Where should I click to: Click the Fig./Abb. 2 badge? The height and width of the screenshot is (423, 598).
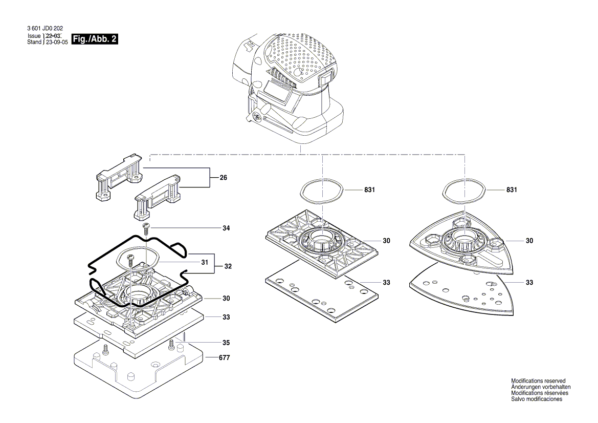coord(96,39)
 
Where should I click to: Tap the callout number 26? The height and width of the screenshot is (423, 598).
coord(223,178)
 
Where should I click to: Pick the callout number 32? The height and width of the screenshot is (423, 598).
coord(228,266)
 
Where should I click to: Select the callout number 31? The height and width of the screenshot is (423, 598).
coord(205,262)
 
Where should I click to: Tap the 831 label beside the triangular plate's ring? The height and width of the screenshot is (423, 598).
coord(511,190)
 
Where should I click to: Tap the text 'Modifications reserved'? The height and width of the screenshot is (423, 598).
coord(538,381)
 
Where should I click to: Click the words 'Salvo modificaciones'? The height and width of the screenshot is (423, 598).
coord(537,399)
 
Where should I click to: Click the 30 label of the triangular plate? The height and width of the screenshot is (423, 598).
coord(530,240)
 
